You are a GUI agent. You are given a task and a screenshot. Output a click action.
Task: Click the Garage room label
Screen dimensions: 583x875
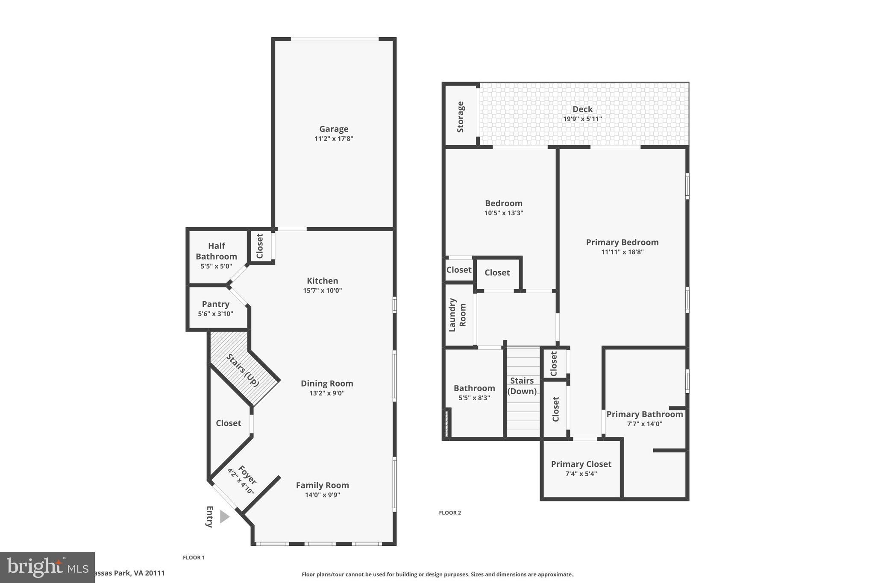click(x=334, y=129)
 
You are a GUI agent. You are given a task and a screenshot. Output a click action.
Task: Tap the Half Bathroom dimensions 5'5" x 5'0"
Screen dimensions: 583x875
click(x=216, y=266)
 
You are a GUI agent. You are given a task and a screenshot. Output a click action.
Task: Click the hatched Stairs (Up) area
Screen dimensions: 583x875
click(x=242, y=370)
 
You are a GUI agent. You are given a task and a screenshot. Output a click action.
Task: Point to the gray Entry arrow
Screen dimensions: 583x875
click(x=224, y=517)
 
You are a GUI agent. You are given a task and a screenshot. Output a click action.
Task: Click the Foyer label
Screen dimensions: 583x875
click(x=247, y=475)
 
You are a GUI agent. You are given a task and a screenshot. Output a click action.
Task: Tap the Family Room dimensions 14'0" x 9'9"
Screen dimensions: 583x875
click(x=322, y=495)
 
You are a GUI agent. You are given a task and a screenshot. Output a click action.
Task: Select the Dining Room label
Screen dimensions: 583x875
click(x=327, y=384)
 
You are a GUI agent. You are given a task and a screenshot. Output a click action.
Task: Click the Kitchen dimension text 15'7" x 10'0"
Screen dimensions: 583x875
click(x=322, y=290)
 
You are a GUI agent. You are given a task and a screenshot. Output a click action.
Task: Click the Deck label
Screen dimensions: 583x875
click(x=582, y=109)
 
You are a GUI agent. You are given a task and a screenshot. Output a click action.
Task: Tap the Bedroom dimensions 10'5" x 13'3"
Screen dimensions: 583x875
click(x=503, y=213)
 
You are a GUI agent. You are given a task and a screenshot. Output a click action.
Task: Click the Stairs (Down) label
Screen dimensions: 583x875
click(x=522, y=386)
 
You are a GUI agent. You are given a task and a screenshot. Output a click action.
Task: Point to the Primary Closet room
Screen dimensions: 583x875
click(x=581, y=469)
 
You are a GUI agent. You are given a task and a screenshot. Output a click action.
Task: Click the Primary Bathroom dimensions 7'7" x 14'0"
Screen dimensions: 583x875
click(x=644, y=424)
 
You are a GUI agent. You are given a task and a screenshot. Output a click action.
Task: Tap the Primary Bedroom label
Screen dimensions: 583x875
click(x=622, y=242)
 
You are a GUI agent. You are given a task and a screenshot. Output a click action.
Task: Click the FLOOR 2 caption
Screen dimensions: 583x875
click(x=450, y=513)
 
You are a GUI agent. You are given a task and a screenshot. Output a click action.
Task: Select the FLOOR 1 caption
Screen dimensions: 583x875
click(x=194, y=557)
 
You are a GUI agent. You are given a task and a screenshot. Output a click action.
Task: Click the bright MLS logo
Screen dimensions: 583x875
click(x=47, y=567)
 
